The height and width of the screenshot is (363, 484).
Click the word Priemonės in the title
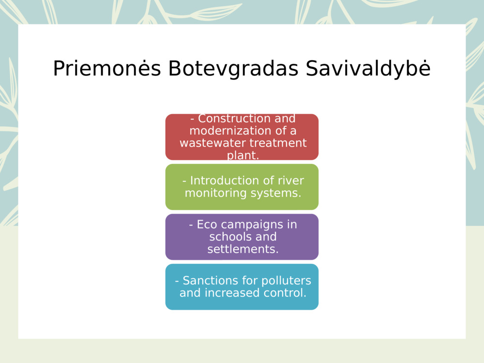tap(106, 69)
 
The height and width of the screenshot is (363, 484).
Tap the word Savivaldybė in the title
tap(368, 69)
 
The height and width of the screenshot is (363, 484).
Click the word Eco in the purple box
tap(207, 225)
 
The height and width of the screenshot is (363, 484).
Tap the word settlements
tap(242, 249)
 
